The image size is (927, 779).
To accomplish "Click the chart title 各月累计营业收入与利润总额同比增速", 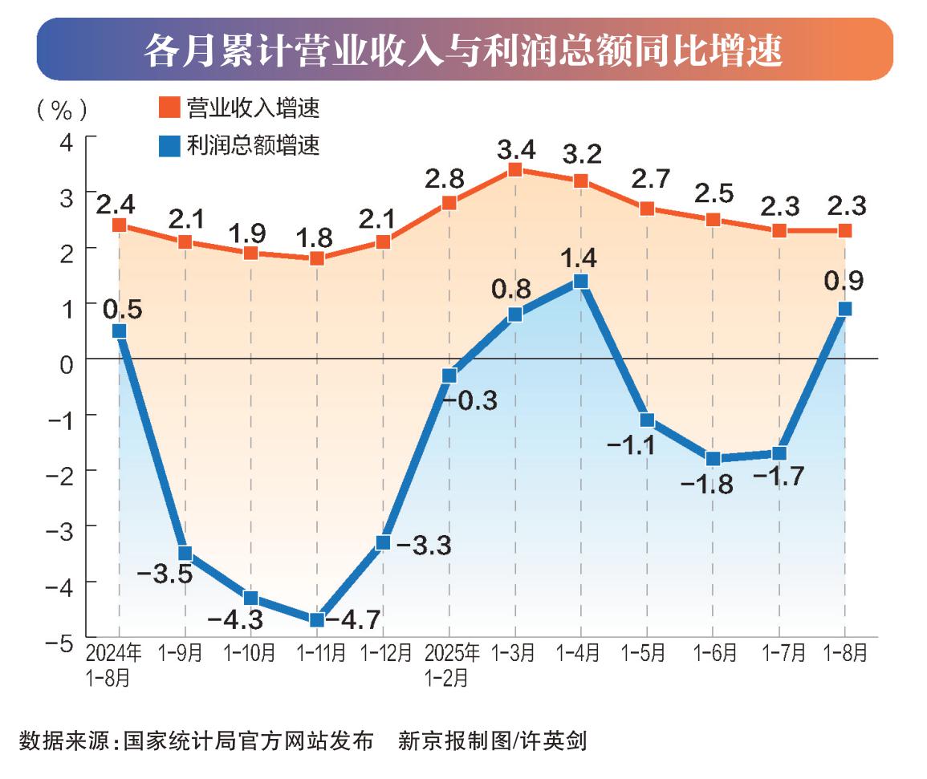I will [x=464, y=51].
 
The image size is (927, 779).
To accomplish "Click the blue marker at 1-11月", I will [x=317, y=619].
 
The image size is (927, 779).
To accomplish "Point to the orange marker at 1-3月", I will [x=515, y=169].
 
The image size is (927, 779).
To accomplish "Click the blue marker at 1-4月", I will [x=581, y=281].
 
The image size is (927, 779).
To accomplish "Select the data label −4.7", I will [x=355, y=619].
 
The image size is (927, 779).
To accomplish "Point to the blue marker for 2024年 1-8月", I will [x=120, y=331].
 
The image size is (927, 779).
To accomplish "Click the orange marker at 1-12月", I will [x=383, y=241].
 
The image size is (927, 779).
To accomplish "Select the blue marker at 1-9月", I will [x=185, y=553].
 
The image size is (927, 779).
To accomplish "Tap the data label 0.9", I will [x=844, y=282].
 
